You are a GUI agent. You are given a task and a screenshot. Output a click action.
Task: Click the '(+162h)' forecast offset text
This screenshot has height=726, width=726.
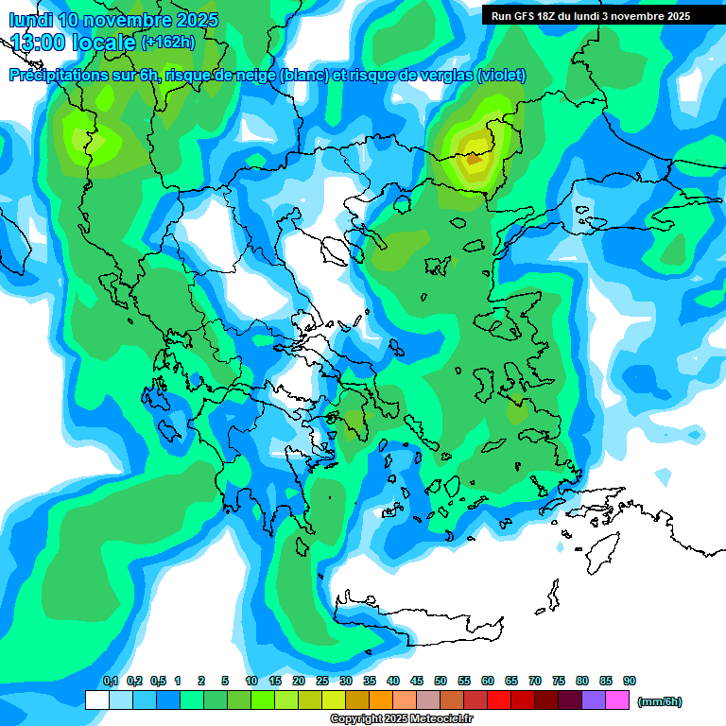tap(167, 43)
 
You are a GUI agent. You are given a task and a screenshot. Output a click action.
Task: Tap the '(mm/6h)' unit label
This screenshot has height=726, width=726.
tap(659, 701)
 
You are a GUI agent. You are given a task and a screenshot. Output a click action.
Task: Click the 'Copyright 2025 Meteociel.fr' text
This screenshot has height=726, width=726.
tap(401, 719)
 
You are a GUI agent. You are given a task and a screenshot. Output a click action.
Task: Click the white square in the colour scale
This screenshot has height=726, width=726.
tap(96, 700)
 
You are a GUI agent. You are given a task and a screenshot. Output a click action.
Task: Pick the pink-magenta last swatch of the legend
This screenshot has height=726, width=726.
tap(617, 700)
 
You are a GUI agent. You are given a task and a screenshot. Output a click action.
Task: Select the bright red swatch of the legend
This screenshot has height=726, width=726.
tap(499, 700)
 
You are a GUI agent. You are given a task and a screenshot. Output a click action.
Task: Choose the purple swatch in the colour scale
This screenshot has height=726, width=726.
tap(594, 700)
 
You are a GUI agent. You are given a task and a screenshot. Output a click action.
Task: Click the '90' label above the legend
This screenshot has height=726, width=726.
tap(630, 682)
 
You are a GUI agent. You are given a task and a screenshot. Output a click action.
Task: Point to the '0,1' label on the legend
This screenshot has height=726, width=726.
tap(111, 682)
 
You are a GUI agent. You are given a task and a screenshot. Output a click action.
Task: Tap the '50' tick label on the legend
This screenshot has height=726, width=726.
tap(441, 682)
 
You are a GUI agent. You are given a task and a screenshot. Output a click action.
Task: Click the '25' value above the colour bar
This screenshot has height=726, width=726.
tap(322, 682)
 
